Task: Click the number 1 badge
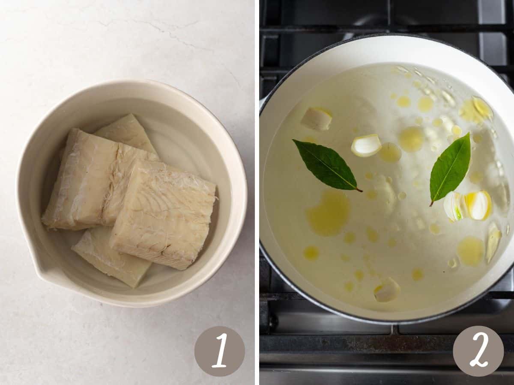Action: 219,352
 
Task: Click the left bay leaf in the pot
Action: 326,165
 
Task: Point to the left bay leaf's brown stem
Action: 359,190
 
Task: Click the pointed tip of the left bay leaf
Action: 293,140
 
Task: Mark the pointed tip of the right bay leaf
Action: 469,133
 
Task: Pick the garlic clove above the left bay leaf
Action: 317,118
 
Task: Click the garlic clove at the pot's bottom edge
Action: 387,290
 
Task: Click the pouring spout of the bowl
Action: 45,274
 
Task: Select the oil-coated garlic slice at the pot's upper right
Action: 482,108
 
